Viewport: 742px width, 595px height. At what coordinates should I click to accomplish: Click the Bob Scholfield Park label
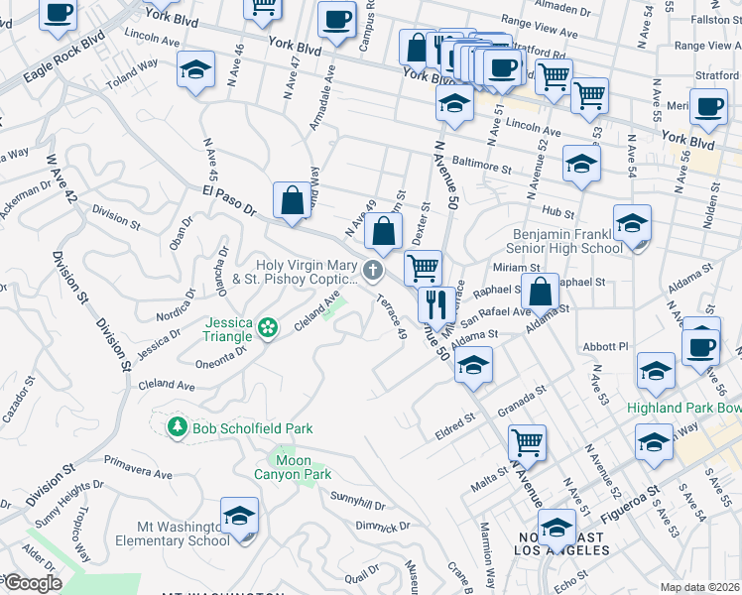252,428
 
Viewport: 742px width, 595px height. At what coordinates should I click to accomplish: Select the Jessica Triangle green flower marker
267,327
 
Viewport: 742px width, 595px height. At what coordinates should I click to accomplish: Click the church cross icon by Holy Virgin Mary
373,270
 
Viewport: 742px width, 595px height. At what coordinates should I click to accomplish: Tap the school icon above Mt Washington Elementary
239,516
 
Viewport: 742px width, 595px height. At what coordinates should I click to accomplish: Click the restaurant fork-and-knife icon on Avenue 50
435,304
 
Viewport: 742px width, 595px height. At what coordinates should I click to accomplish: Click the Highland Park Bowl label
682,408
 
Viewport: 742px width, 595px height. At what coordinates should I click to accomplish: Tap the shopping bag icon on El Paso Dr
293,200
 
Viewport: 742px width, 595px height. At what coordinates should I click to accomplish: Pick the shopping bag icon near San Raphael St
541,292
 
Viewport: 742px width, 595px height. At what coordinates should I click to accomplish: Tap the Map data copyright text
699,587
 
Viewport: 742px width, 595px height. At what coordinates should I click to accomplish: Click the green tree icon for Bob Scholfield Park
178,427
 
